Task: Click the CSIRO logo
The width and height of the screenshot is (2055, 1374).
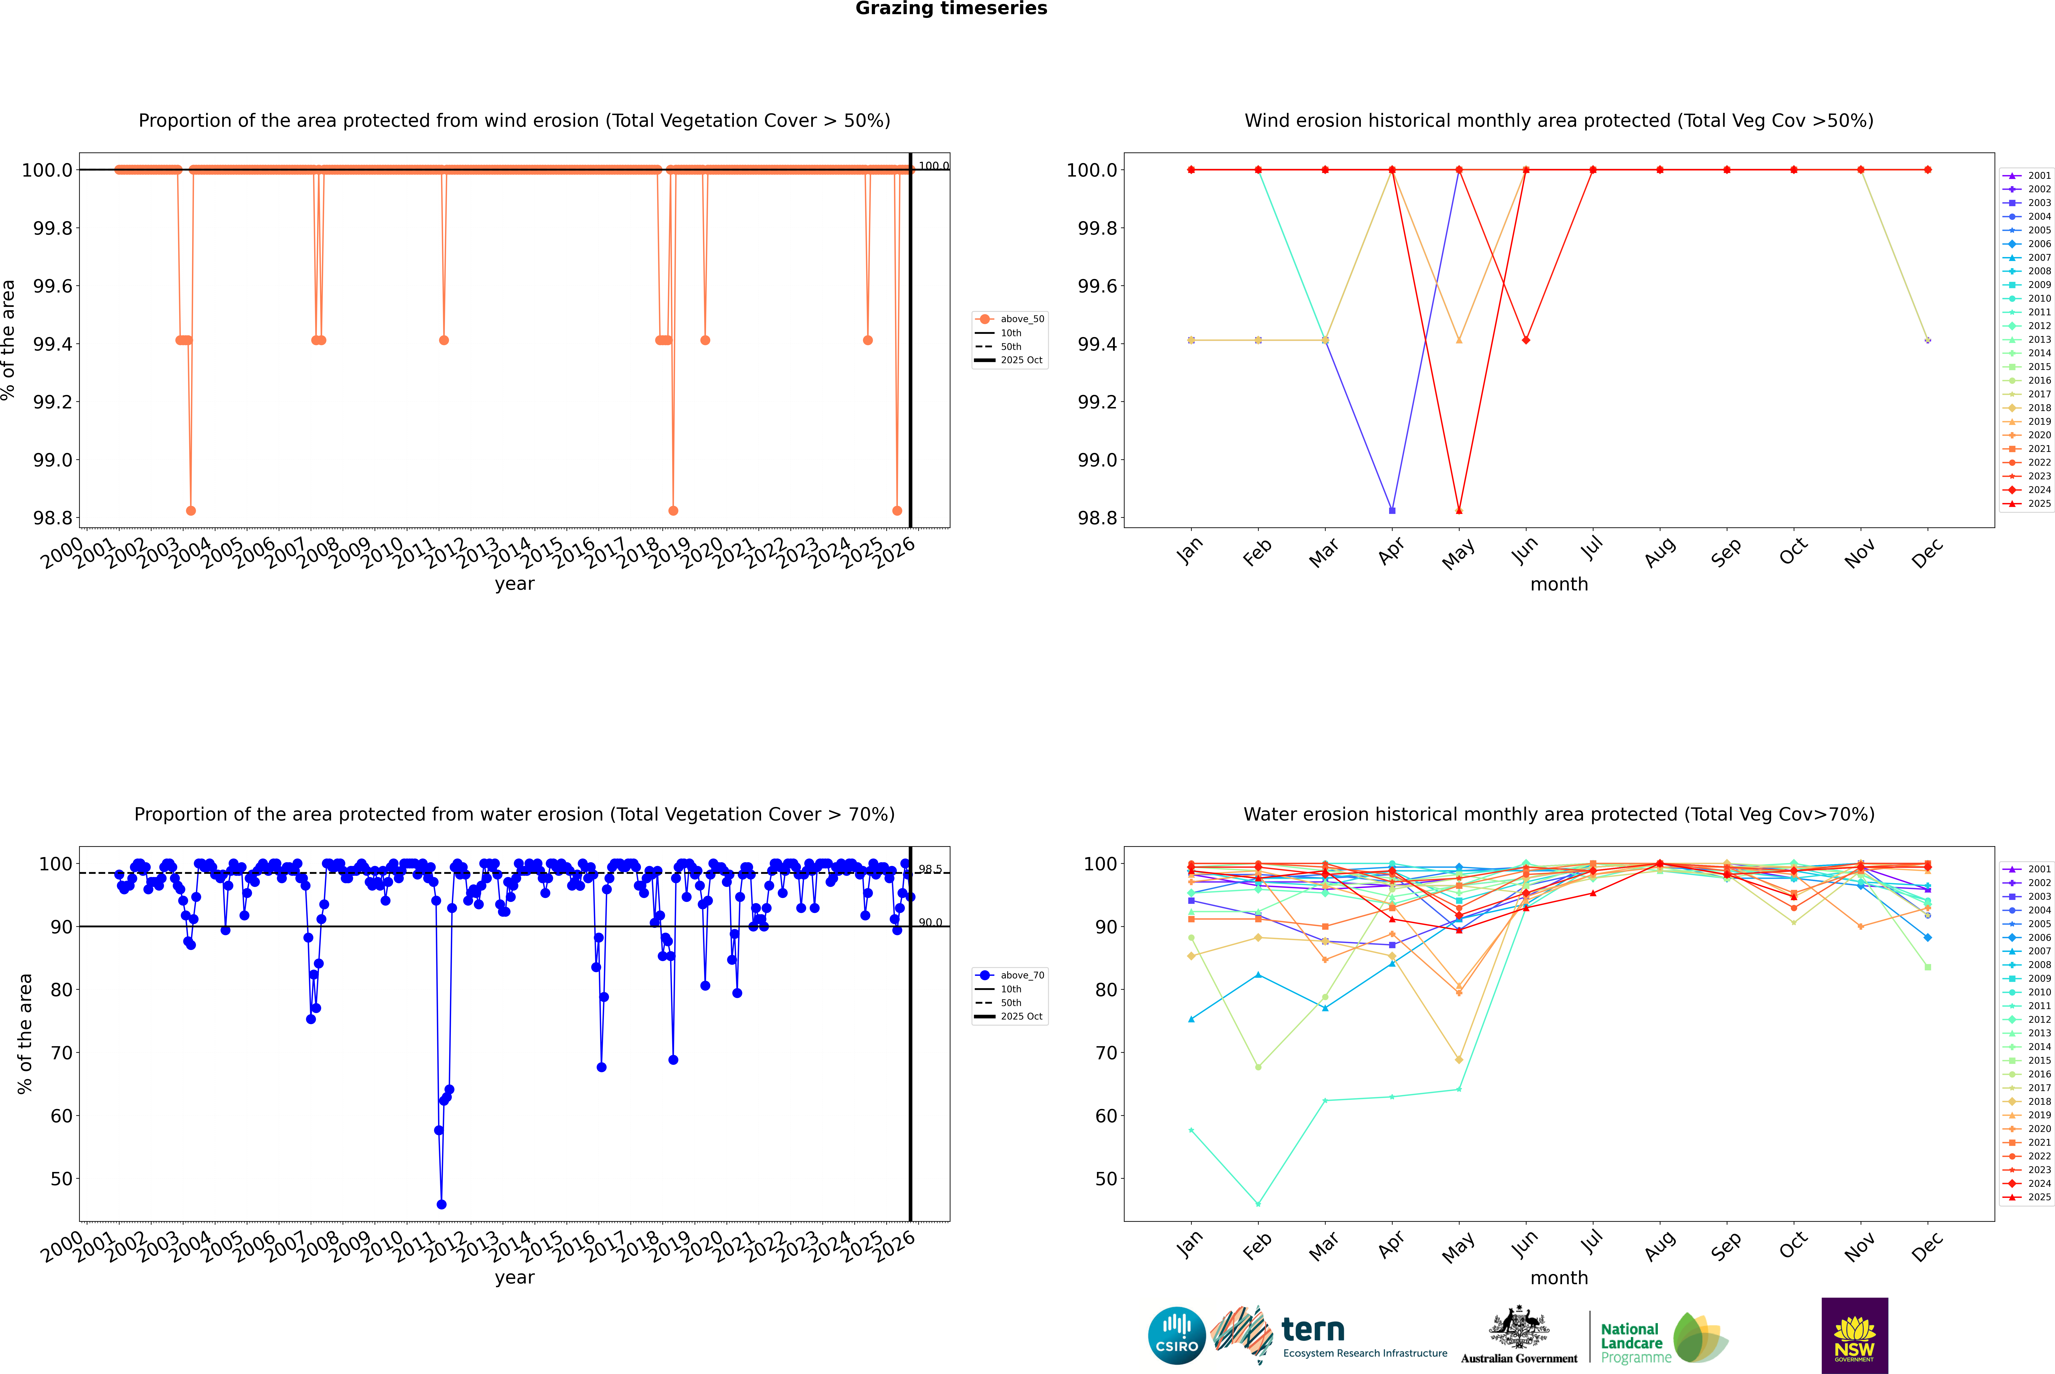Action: click(1177, 1336)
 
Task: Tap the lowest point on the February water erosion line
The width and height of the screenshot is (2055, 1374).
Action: click(1258, 1204)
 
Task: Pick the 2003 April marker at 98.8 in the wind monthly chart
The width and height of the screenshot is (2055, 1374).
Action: click(1392, 510)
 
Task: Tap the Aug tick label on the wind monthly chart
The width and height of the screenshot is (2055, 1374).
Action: click(1660, 552)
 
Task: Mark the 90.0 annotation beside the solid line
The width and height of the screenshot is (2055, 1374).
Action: click(930, 923)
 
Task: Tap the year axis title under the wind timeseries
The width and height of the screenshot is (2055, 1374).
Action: click(514, 584)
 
